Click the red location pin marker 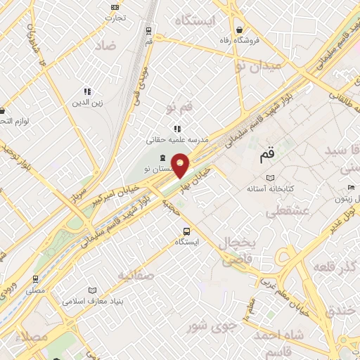[181, 165]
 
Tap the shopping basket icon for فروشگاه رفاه [240, 30]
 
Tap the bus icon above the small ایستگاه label [186, 231]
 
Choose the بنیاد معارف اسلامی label [93, 302]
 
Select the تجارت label [112, 18]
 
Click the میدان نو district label [258, 65]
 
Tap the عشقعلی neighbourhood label [284, 211]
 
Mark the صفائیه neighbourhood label [136, 274]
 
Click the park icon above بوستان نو [163, 157]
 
